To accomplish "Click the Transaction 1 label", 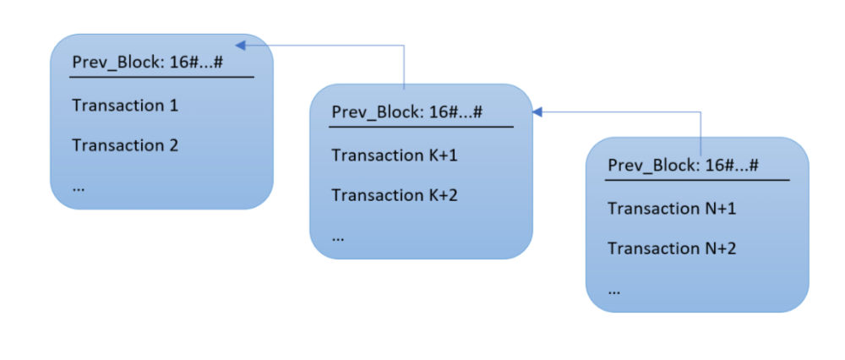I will click(x=125, y=106).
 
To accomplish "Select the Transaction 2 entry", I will click(x=125, y=145).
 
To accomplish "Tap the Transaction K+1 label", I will click(x=394, y=155).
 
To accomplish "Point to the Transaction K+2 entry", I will click(x=394, y=195).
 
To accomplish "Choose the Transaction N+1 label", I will click(x=672, y=209).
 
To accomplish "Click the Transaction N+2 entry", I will click(x=672, y=248).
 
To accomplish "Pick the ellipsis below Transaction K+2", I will click(x=338, y=238).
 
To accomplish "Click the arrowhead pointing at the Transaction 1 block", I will click(x=241, y=44).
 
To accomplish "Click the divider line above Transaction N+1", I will click(x=698, y=179).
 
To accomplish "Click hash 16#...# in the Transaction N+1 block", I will click(x=732, y=166).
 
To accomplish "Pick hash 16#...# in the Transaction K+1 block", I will click(x=456, y=112).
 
